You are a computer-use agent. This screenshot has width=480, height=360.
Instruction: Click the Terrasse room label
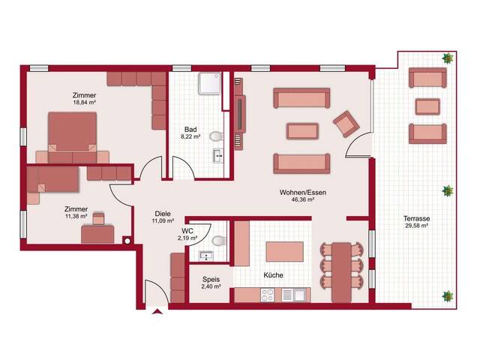click(x=416, y=218)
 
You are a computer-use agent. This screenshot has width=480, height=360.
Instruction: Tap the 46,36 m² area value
click(x=303, y=199)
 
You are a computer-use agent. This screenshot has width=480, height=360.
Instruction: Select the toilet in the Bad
click(x=217, y=136)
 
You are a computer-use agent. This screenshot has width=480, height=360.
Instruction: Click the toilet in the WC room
click(x=220, y=241)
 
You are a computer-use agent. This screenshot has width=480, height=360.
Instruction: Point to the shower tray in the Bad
click(x=209, y=83)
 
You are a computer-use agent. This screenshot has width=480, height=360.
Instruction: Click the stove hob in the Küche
click(x=268, y=295)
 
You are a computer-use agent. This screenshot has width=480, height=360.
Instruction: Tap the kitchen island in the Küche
click(x=285, y=252)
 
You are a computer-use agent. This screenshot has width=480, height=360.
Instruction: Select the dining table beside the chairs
click(x=342, y=271)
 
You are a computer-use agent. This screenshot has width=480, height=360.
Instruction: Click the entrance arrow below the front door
click(x=157, y=312)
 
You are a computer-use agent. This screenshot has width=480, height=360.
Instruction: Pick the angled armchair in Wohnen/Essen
click(x=346, y=123)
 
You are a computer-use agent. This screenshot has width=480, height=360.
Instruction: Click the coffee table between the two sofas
click(x=302, y=131)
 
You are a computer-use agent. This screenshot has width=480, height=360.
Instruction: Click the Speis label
click(x=211, y=279)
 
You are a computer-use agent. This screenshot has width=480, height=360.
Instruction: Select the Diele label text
click(x=163, y=214)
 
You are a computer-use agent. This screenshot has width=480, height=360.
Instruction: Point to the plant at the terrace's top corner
click(x=448, y=58)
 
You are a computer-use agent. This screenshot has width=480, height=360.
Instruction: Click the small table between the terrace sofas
click(x=427, y=106)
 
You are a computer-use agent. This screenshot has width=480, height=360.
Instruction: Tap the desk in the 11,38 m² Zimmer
click(x=97, y=234)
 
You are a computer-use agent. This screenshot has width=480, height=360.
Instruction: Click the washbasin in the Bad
click(x=218, y=156)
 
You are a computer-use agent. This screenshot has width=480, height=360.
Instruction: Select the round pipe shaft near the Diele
click(x=127, y=241)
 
